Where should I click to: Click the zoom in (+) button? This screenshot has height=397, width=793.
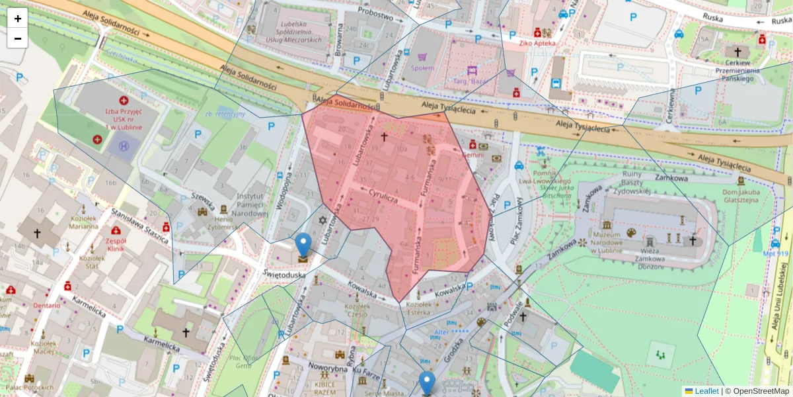(x=18, y=19)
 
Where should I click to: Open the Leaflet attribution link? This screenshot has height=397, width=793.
(x=706, y=391)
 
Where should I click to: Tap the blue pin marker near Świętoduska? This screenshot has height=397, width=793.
(x=303, y=245)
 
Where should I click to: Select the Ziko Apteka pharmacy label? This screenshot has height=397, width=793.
(x=537, y=43)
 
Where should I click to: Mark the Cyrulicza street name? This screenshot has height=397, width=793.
(x=383, y=197)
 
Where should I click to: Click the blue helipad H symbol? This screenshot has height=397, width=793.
(x=123, y=146)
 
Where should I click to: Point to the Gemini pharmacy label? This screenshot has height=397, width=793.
(x=473, y=154)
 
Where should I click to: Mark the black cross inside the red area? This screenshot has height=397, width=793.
(x=384, y=136)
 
